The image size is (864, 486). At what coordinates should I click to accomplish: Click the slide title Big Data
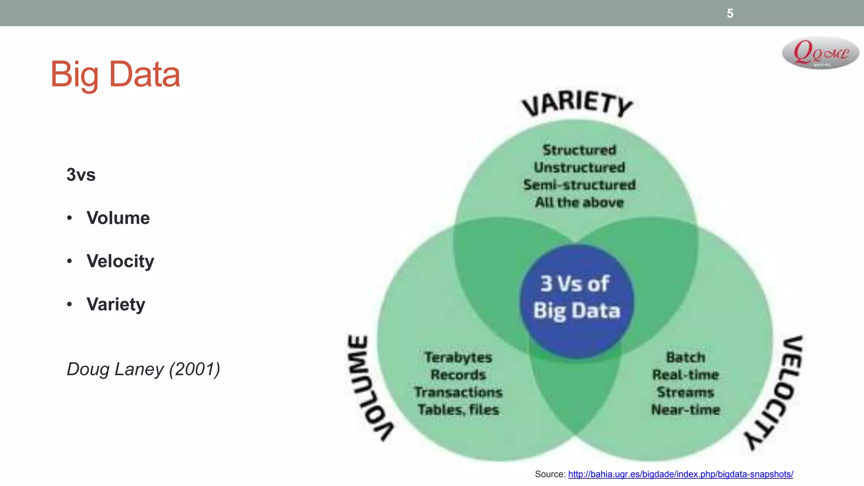115,74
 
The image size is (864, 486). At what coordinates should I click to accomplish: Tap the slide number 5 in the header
730,13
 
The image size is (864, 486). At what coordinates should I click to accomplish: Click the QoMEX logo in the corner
820,53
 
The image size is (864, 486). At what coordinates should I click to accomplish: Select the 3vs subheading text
81,175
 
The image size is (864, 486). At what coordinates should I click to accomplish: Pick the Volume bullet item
118,218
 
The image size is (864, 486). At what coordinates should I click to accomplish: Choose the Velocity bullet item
120,261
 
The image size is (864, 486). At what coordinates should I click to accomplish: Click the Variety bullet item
116,304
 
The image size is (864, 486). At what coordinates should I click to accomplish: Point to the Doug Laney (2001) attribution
143,369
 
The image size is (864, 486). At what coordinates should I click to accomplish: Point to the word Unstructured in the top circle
579,167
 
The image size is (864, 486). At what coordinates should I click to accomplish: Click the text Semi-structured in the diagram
579,185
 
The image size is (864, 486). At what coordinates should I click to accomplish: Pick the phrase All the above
579,202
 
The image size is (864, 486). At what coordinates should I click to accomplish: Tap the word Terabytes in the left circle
458,357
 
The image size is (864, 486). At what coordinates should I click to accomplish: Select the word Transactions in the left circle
458,392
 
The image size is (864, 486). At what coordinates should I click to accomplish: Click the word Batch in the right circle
686,357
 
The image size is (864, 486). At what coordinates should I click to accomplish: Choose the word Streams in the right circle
686,392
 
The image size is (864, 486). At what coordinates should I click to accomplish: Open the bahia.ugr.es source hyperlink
680,474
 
